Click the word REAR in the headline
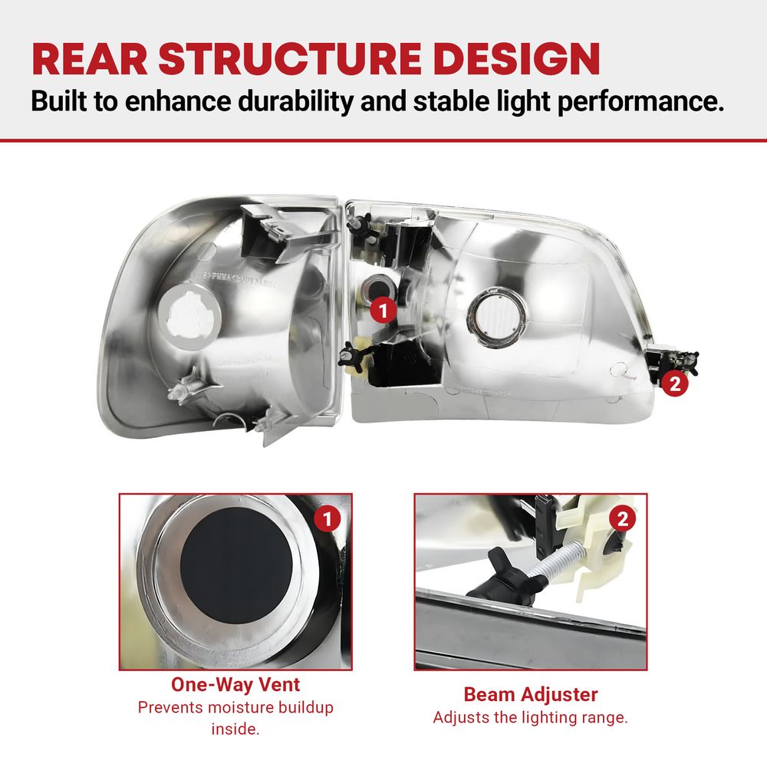pos(90,59)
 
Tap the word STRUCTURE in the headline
pos(290,59)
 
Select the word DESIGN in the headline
pos(516,59)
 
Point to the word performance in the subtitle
pos(640,102)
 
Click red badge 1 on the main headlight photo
pos(383,310)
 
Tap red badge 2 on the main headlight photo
pos(674,383)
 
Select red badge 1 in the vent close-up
pos(328,519)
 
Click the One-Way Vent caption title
pos(235,684)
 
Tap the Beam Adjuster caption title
pos(531,695)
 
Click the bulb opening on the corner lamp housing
pos(189,318)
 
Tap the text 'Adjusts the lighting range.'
pos(530,718)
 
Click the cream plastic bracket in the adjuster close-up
pos(587,553)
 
